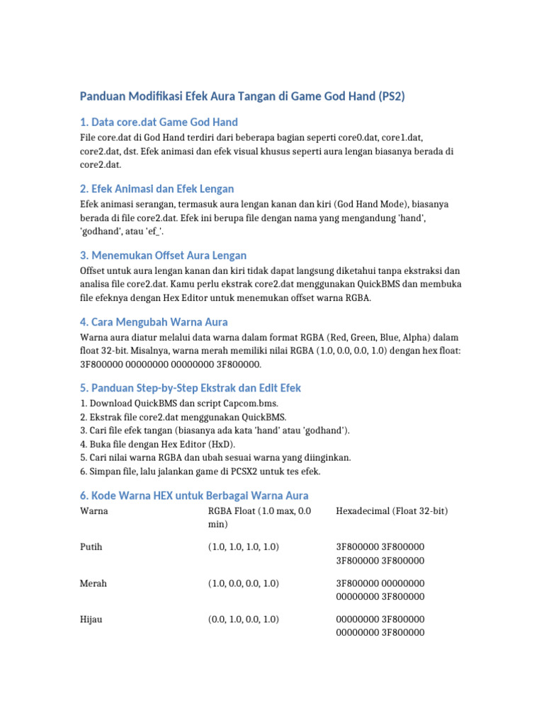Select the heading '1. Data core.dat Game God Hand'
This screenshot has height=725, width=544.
159,122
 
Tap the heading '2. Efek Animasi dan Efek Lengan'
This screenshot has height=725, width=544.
157,188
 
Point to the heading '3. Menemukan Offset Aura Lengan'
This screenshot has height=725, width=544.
164,255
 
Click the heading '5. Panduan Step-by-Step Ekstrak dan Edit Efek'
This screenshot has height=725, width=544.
191,388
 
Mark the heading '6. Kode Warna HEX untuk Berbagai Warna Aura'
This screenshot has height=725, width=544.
195,495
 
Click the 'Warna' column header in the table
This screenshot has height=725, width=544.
94,510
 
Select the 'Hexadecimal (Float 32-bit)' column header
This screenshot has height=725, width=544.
392,510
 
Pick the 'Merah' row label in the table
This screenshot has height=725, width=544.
94,583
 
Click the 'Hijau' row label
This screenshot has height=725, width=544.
93,620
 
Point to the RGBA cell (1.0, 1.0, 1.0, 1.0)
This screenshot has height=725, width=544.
244,547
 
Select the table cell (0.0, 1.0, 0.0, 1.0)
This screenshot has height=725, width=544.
244,620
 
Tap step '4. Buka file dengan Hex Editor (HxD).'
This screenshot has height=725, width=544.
157,444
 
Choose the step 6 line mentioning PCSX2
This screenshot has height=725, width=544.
200,471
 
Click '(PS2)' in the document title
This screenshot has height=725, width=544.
390,96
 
